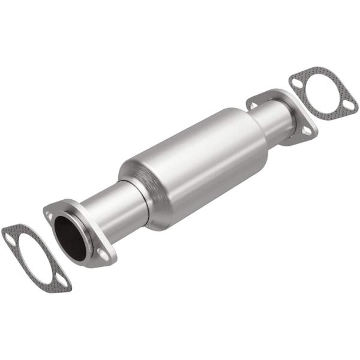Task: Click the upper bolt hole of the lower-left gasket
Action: coord(10,236)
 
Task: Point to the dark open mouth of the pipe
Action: coord(70,238)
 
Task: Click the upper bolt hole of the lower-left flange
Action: coord(50,214)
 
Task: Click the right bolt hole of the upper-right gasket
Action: coord(349,107)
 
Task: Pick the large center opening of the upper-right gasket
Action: coord(324,92)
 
